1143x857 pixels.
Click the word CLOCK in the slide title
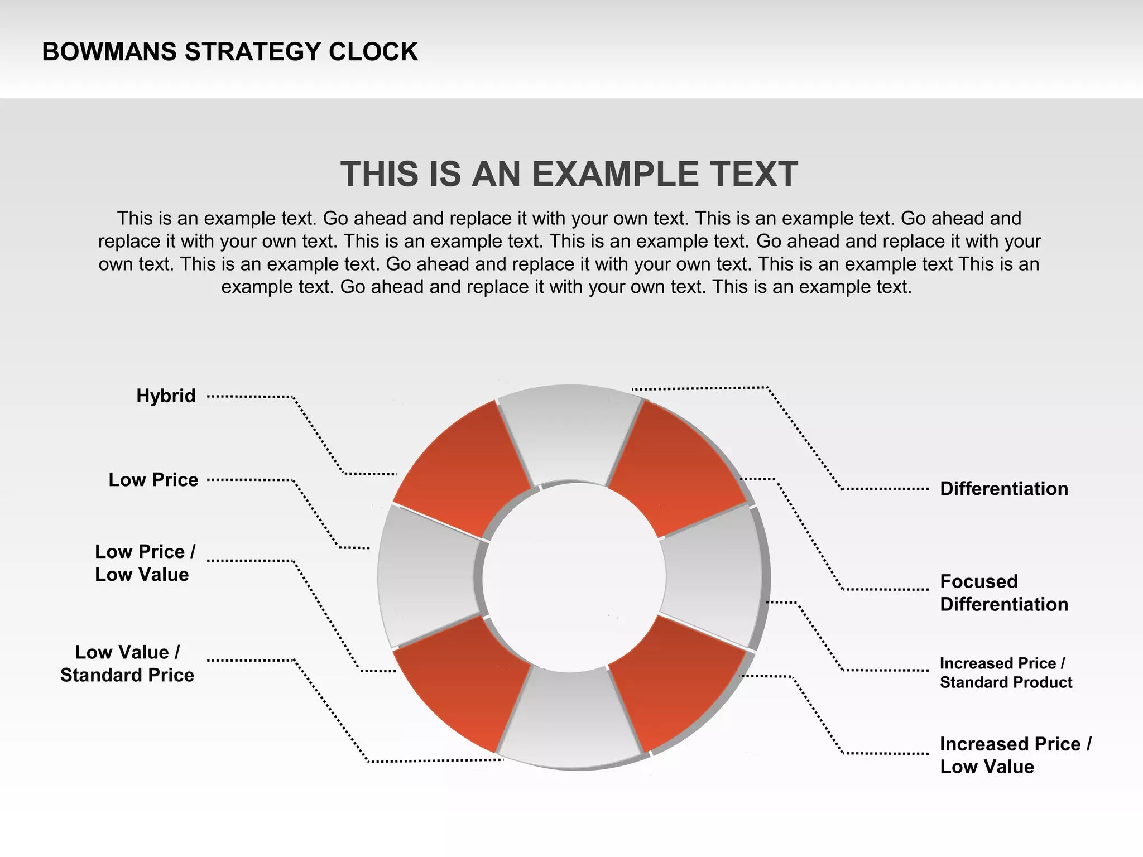(373, 52)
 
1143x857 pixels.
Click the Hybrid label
(166, 396)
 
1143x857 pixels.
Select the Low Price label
(153, 480)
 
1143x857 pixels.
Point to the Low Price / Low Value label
(145, 563)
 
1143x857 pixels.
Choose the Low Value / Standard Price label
(127, 664)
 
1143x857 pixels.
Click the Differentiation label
(1003, 489)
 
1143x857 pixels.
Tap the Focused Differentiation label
(1003, 593)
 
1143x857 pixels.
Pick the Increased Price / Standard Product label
(1006, 673)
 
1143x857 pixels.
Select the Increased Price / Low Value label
(1015, 755)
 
